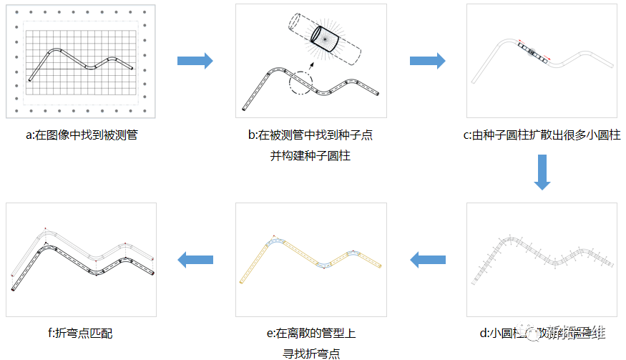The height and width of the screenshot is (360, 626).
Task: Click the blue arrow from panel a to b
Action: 195,61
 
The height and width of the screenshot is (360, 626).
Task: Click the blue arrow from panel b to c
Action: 427,61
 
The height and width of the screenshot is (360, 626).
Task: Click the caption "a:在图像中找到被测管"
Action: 81,135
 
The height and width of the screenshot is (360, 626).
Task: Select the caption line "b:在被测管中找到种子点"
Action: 310,135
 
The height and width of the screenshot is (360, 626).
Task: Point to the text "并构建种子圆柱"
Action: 310,155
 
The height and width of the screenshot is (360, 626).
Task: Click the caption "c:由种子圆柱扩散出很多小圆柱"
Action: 542,135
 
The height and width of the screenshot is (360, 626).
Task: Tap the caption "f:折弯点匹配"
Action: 80,333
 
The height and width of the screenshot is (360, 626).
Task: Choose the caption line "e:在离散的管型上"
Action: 310,333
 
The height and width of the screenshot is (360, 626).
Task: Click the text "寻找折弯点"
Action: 310,353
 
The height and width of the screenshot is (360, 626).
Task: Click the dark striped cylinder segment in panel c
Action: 533,51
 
